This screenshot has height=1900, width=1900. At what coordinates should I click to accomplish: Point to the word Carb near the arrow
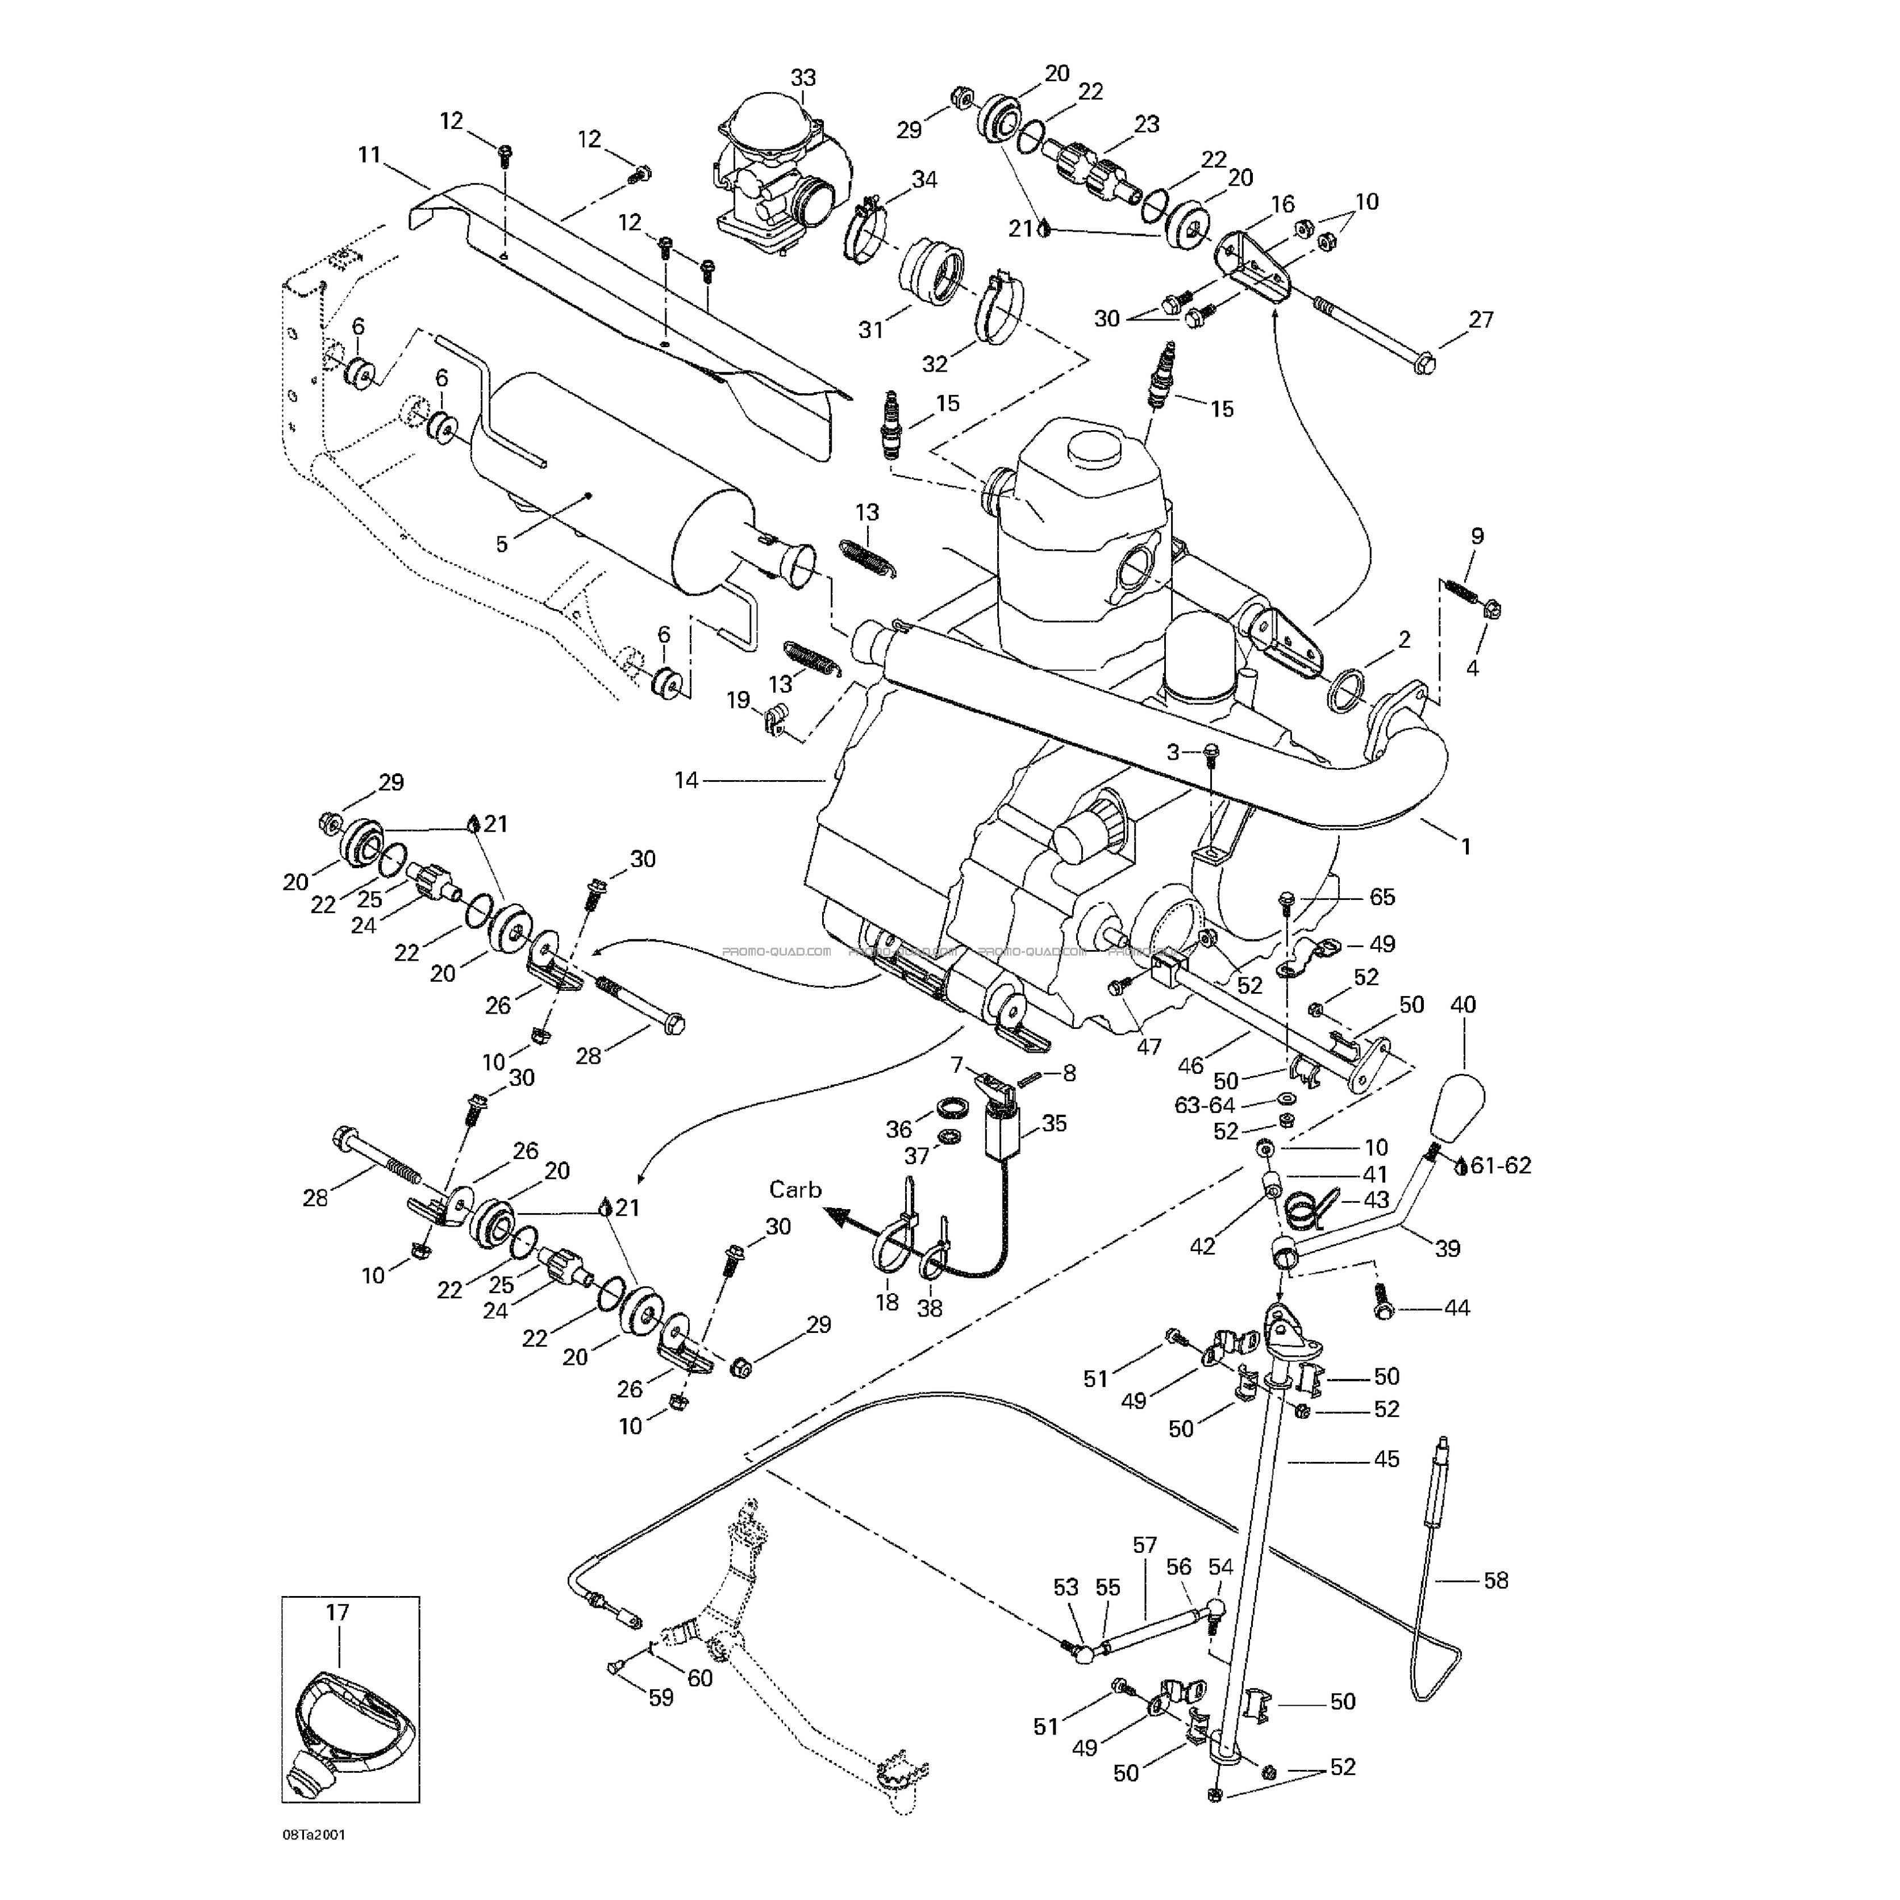tap(795, 1190)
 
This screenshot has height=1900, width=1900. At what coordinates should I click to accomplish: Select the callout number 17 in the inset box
tap(338, 1613)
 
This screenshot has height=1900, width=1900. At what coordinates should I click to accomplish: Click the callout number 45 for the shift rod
tap(1386, 1460)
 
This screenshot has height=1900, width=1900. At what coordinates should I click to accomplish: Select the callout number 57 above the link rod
tap(1145, 1545)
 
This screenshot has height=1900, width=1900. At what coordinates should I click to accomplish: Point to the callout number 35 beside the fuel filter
tap(1053, 1123)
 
